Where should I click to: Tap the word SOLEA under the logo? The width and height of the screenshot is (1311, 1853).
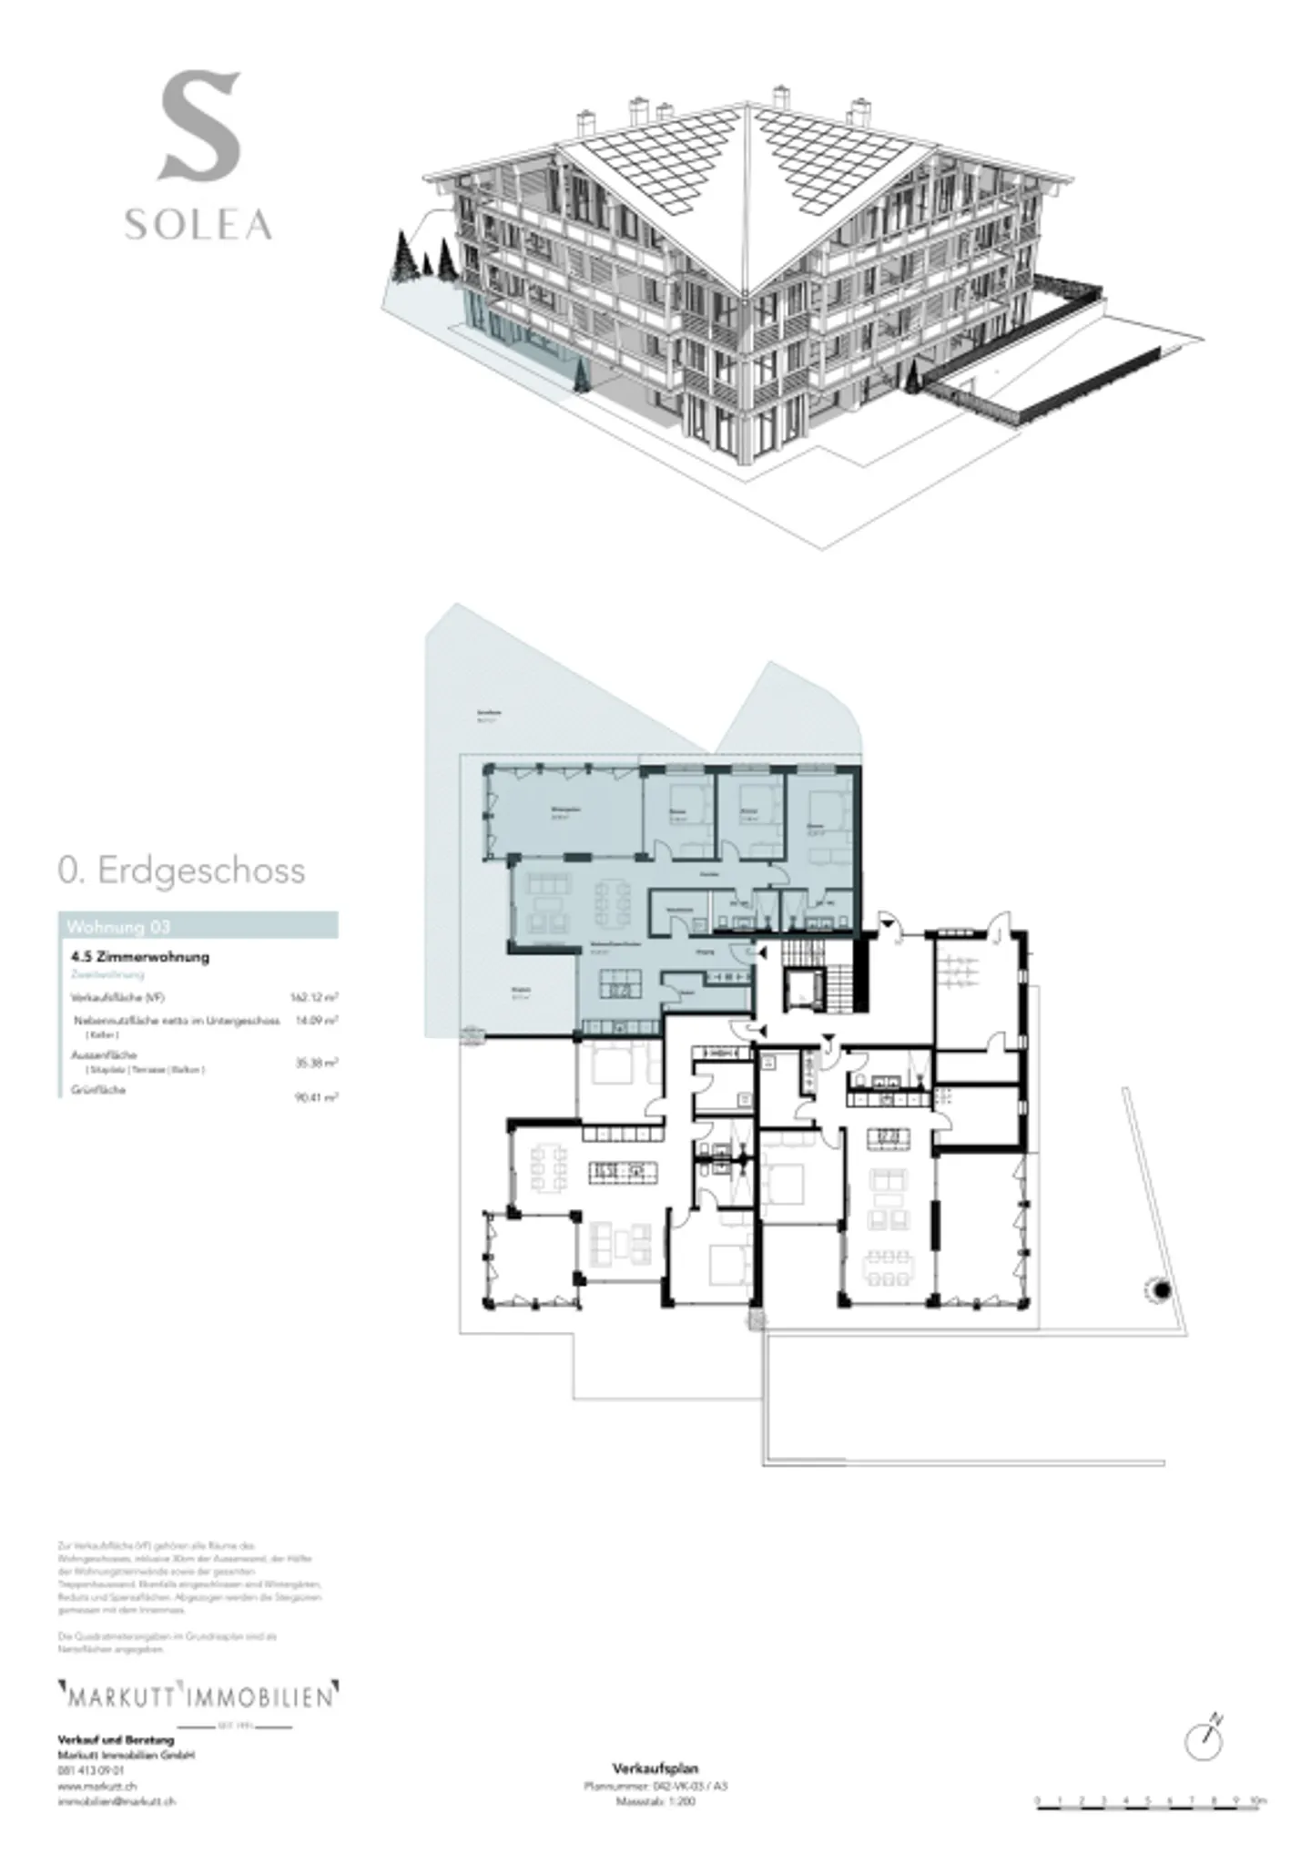[198, 225]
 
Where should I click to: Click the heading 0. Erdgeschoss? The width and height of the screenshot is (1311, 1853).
[181, 871]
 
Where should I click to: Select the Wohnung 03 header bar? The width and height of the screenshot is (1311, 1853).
[198, 926]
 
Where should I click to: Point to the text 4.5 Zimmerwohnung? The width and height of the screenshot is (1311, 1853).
[140, 956]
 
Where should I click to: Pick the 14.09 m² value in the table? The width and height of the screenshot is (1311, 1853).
[316, 1021]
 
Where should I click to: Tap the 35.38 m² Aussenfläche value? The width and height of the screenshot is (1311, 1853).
[316, 1063]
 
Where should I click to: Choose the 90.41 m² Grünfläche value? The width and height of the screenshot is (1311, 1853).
[316, 1098]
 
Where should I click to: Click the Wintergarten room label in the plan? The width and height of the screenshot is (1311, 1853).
[565, 809]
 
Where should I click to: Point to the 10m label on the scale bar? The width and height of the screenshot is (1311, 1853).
[1258, 1800]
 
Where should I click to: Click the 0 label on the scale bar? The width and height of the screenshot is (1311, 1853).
[1037, 1800]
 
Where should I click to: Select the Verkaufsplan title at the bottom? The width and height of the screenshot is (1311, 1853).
[655, 1768]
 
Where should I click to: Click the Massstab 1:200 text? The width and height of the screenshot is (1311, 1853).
[655, 1800]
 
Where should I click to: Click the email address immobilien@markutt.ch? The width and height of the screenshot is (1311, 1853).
[117, 1801]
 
